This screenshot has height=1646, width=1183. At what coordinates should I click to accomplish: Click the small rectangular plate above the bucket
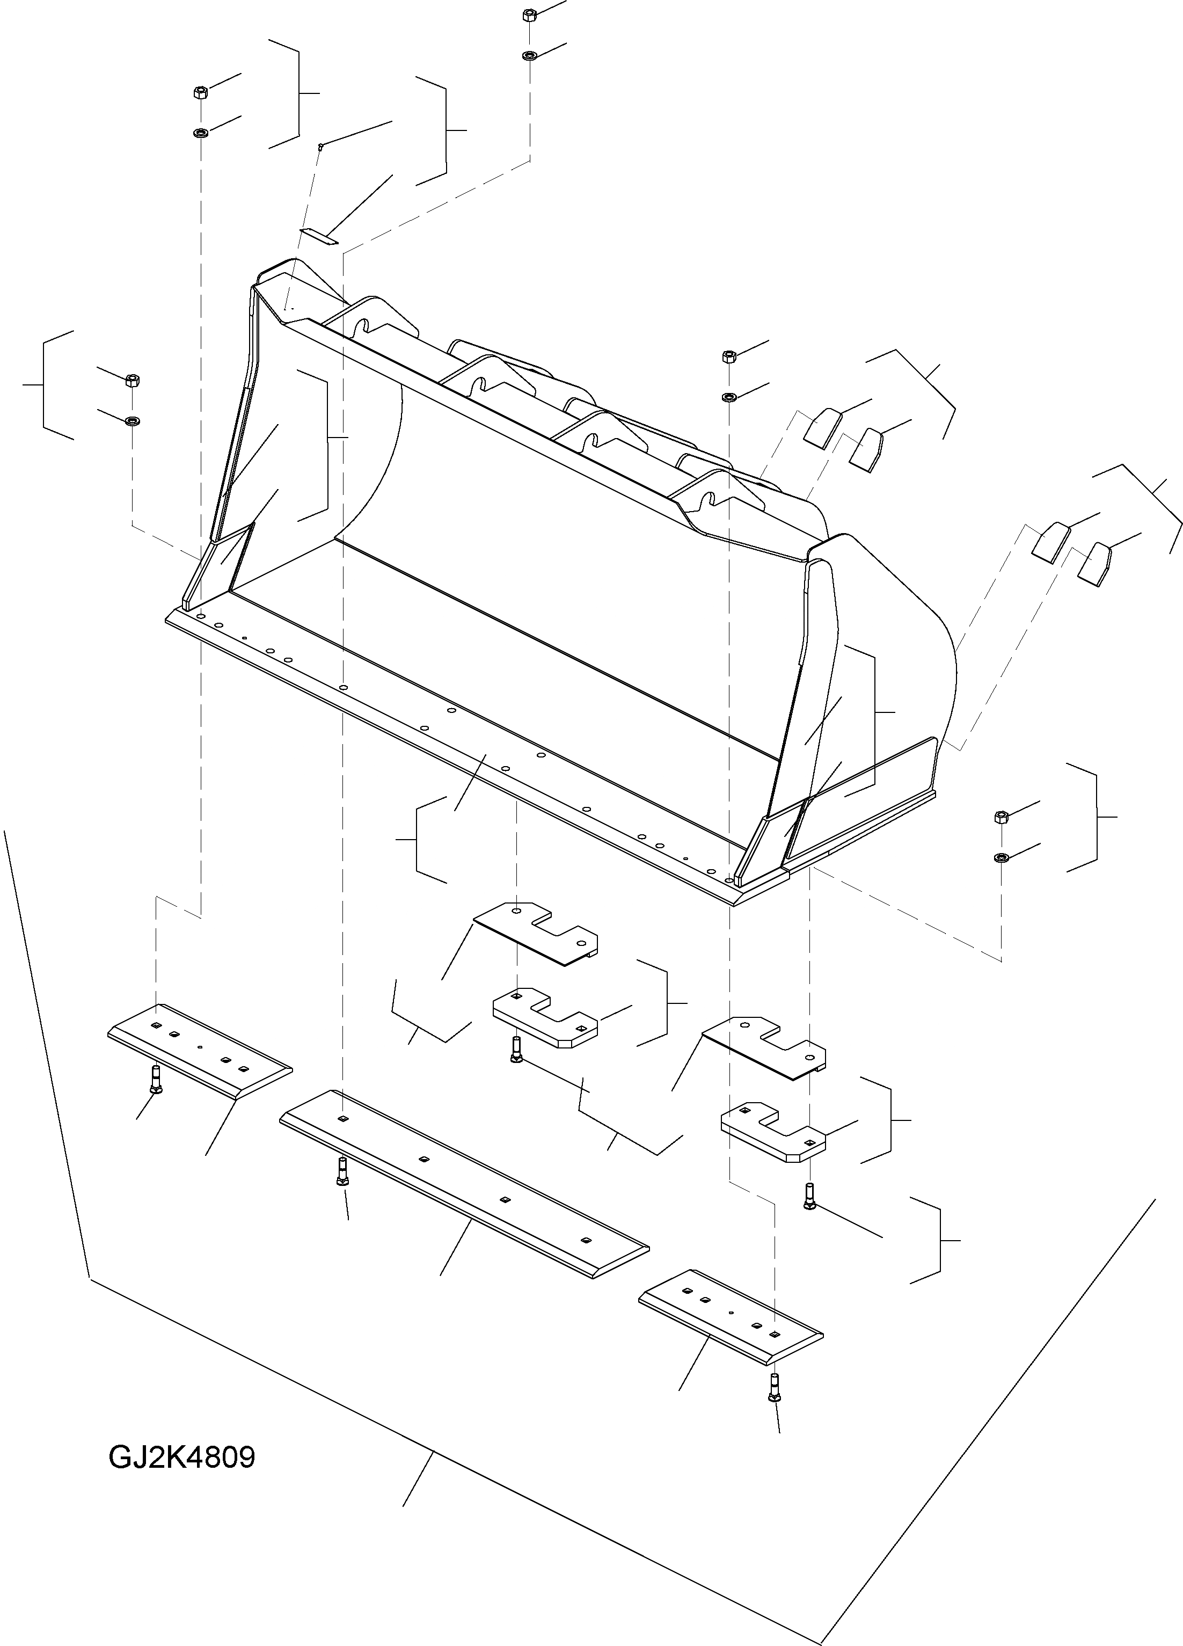pos(320,235)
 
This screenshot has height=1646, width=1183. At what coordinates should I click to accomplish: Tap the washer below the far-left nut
pos(132,421)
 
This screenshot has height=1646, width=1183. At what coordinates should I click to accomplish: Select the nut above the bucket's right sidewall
pos(729,355)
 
